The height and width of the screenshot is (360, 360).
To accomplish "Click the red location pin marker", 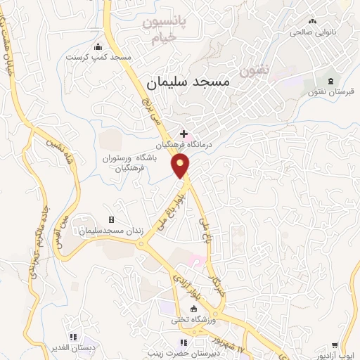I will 181,165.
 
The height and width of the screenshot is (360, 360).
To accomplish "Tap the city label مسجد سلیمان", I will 188,82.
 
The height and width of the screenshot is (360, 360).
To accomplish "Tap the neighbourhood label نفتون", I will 255,70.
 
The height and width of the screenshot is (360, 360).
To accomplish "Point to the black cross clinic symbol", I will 184,133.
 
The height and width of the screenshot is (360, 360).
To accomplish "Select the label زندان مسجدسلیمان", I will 110,231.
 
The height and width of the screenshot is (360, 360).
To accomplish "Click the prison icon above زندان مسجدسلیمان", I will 110,220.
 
